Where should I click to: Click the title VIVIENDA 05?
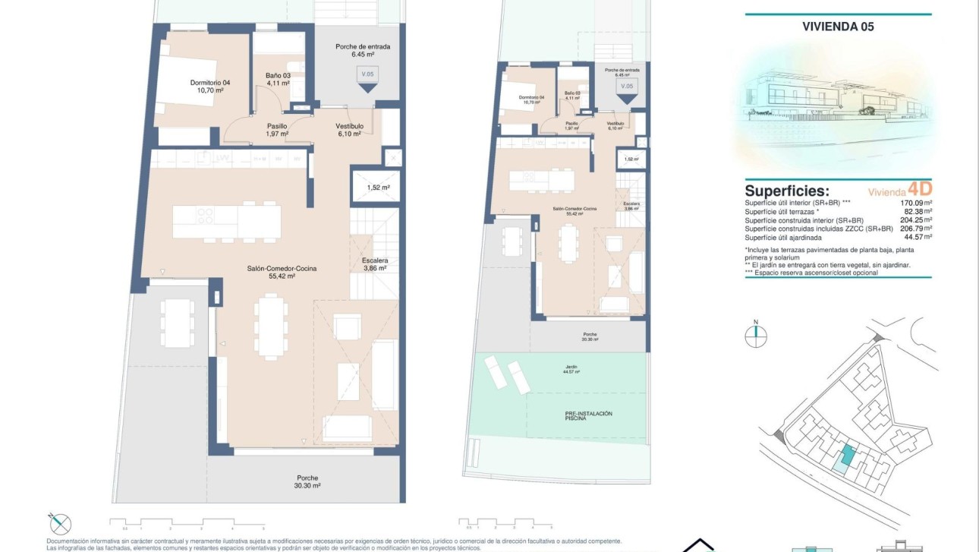(x=838, y=27)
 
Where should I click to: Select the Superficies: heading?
(x=787, y=191)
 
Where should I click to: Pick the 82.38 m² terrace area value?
(x=917, y=212)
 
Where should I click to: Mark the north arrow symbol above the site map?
(x=756, y=335)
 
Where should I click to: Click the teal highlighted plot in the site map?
(x=845, y=457)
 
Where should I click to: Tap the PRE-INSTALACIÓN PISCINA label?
(x=588, y=415)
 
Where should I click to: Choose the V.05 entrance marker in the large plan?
(x=368, y=78)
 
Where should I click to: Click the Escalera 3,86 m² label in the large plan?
(x=369, y=263)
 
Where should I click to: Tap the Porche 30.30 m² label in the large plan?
(x=308, y=481)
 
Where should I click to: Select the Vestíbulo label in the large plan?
(x=350, y=130)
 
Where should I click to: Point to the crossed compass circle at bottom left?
(x=60, y=523)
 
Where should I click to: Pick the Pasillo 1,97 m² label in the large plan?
(x=276, y=130)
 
